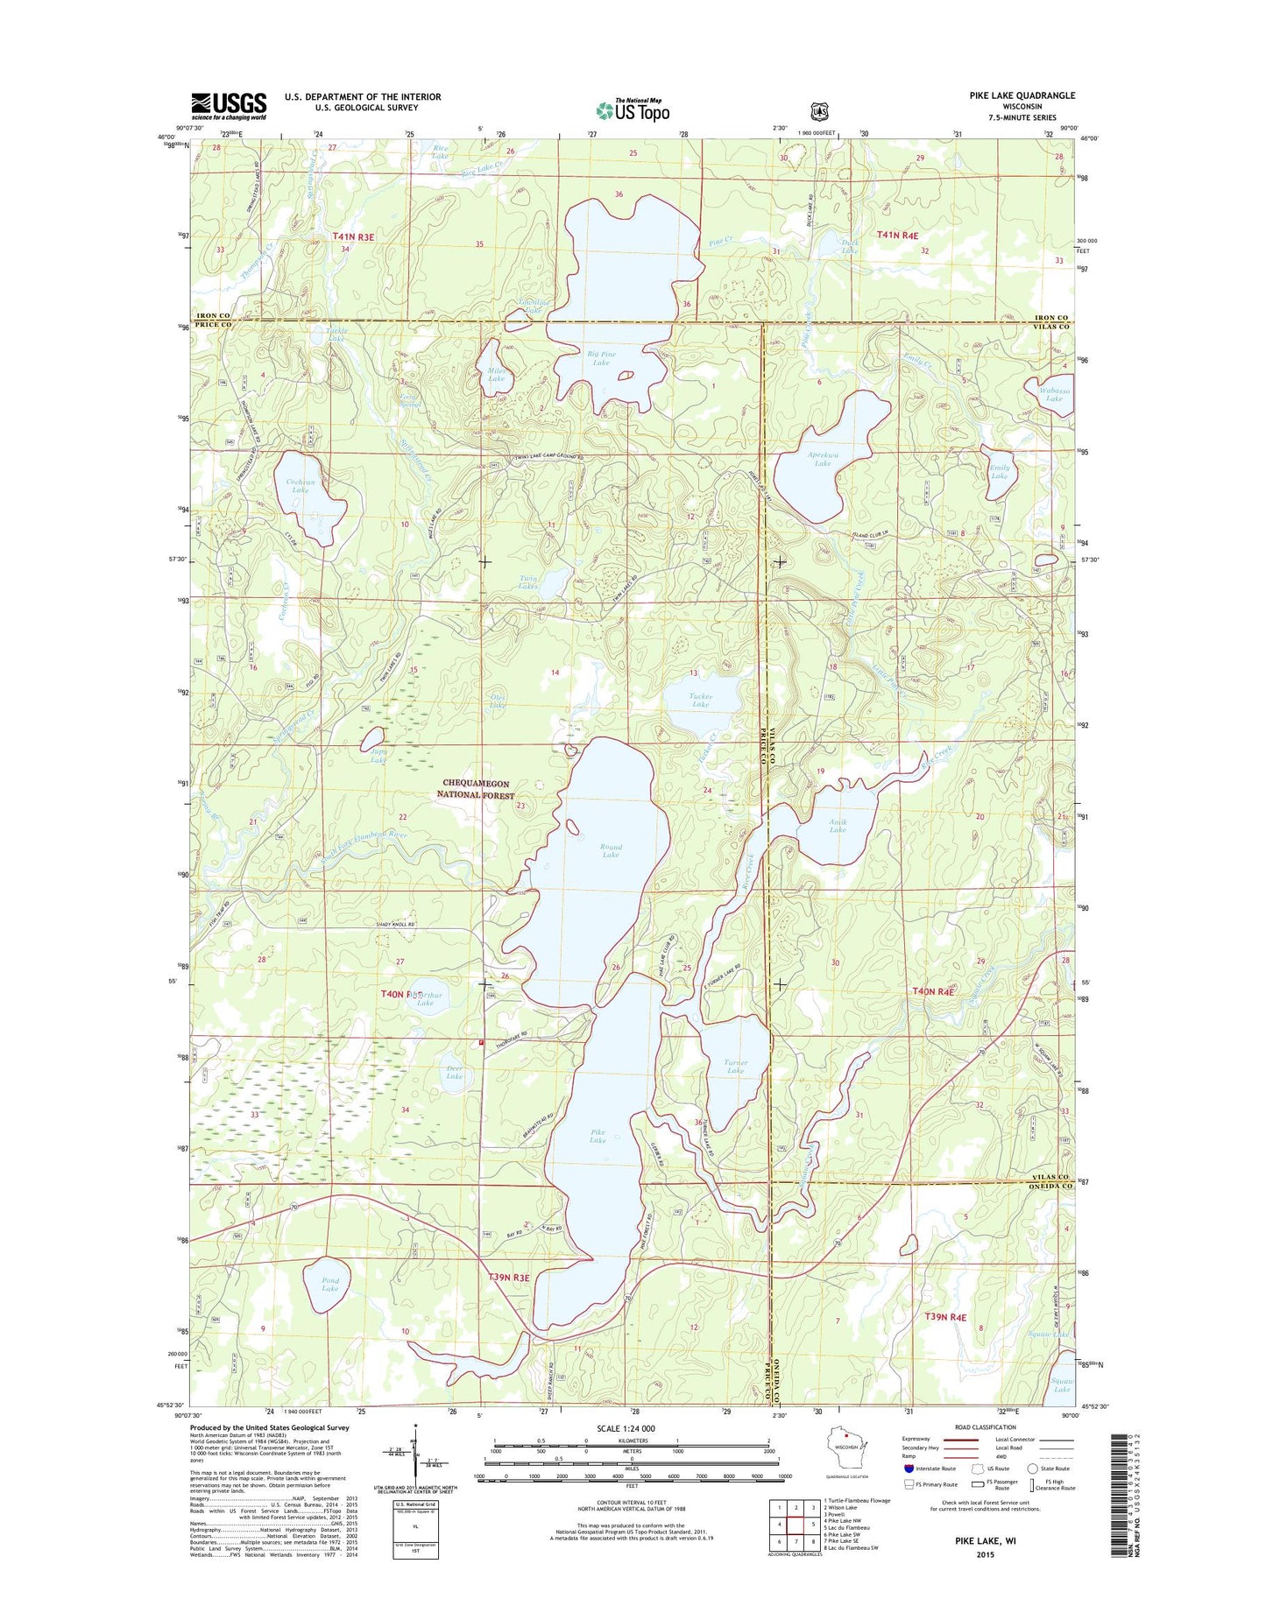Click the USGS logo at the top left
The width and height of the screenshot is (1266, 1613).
[229, 106]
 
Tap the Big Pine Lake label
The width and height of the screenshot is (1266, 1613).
[601, 358]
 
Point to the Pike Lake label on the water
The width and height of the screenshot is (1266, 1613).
[598, 1136]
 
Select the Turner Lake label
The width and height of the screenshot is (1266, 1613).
[735, 1067]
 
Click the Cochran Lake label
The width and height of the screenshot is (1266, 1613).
[300, 486]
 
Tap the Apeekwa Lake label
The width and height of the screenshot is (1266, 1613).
[823, 459]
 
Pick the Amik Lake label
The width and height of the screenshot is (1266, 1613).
[838, 825]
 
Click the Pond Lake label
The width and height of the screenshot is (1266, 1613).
[329, 1285]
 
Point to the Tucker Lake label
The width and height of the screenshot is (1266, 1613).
[700, 700]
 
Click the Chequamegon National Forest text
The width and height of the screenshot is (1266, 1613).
[476, 789]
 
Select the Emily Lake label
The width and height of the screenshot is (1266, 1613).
[1000, 471]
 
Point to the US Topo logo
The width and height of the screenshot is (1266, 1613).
[633, 110]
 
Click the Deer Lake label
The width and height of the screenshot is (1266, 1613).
[454, 1072]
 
